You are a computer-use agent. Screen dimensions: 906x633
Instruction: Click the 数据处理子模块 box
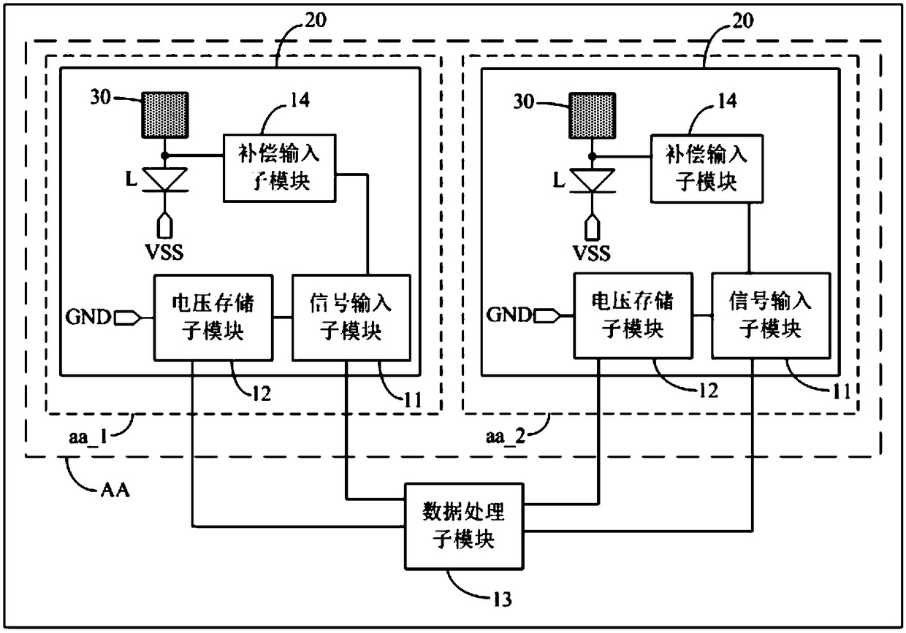[464, 526]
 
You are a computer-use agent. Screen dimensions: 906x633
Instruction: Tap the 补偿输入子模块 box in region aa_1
[280, 168]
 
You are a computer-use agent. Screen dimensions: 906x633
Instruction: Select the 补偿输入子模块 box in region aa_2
[707, 168]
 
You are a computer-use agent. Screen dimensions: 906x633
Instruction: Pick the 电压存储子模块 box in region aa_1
[213, 318]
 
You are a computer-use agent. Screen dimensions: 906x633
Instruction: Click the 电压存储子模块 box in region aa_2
[633, 315]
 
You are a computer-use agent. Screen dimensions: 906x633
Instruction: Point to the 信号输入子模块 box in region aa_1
[351, 318]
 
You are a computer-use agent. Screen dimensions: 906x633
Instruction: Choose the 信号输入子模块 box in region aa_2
[771, 315]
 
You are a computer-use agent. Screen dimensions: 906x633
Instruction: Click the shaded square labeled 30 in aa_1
[164, 115]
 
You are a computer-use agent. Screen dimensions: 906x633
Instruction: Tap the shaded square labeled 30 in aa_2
[592, 115]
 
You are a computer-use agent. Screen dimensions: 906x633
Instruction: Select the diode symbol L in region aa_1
[164, 180]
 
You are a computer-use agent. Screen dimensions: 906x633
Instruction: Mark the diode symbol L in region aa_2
[592, 180]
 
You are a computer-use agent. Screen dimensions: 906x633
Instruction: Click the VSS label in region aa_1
[164, 252]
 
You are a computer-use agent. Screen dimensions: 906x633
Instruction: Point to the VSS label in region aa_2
[592, 253]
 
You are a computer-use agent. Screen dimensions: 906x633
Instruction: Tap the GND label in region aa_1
[88, 317]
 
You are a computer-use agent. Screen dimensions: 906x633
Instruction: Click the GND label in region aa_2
[509, 315]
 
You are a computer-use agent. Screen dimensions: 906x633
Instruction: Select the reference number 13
[502, 599]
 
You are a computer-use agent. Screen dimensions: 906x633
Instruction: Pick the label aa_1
[88, 437]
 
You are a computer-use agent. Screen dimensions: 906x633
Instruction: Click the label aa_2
[506, 437]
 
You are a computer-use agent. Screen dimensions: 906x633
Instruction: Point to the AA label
[115, 491]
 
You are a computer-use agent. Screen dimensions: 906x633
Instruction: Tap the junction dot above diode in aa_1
[164, 156]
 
